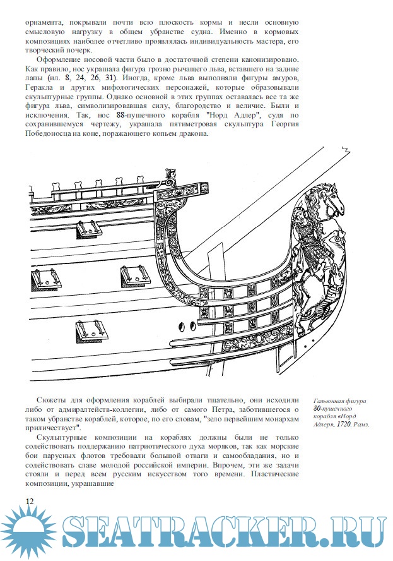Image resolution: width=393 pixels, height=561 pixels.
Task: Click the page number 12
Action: pyautogui.click(x=30, y=500)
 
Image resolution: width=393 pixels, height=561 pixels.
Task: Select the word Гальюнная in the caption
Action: pyautogui.click(x=331, y=401)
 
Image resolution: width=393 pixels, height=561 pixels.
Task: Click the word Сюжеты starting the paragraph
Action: pyautogui.click(x=58, y=401)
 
